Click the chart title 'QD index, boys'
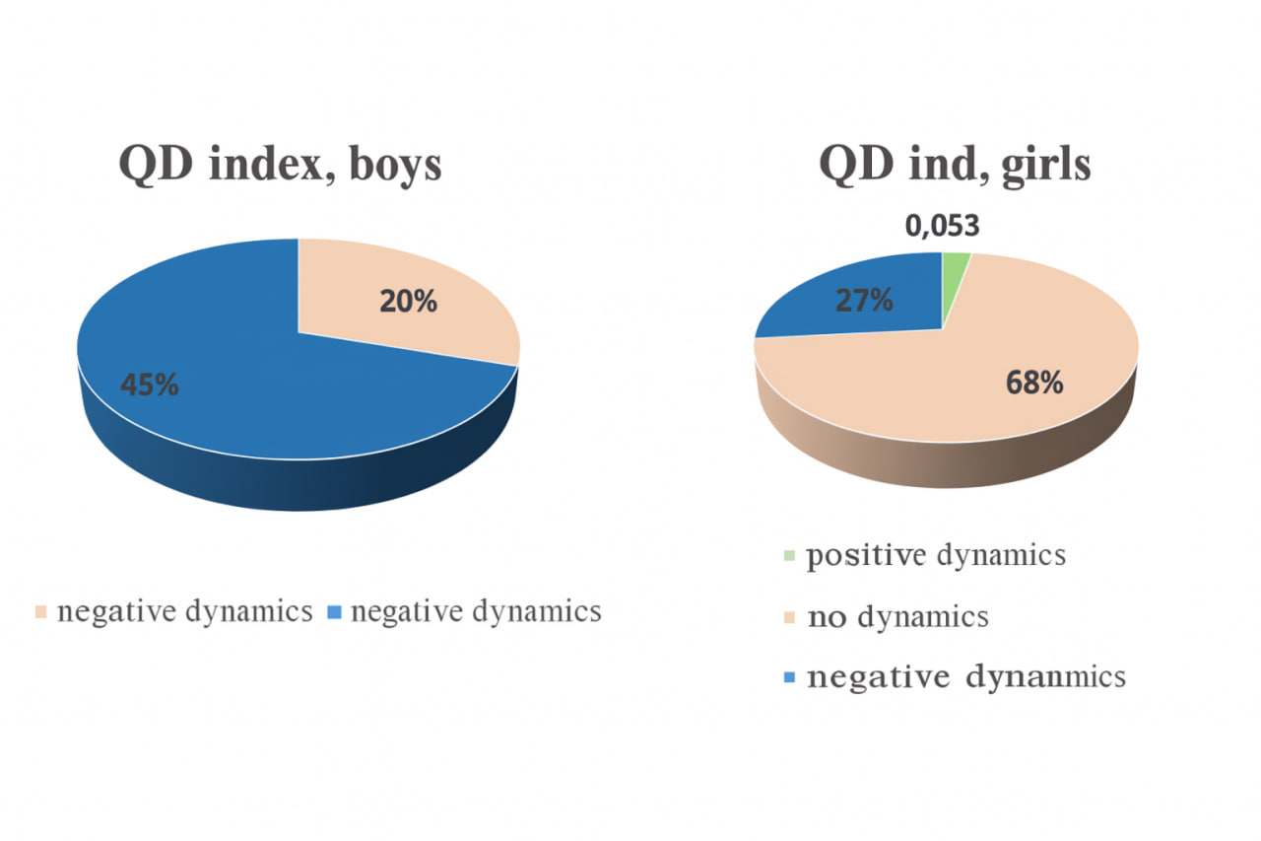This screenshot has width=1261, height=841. [x=280, y=165]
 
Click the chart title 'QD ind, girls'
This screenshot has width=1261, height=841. [x=955, y=165]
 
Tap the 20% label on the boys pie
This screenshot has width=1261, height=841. [x=408, y=301]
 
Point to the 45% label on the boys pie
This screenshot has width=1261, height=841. [x=150, y=385]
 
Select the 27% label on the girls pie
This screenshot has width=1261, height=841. [x=864, y=301]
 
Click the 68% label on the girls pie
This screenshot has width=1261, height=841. [x=1034, y=383]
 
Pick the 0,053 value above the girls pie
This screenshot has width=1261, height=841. [x=943, y=227]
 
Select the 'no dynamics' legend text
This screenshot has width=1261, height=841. [x=897, y=618]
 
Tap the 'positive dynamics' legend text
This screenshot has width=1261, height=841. [x=936, y=555]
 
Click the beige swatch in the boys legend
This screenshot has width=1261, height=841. [x=40, y=613]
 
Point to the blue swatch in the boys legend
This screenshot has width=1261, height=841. [x=334, y=613]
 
